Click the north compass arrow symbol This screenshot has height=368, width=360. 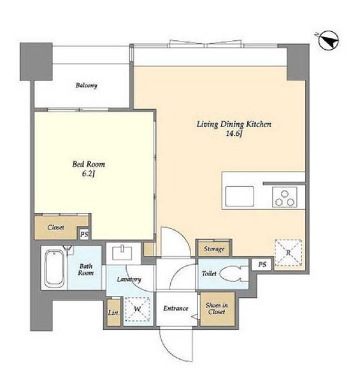point(329,40)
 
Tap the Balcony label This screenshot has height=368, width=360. point(86,85)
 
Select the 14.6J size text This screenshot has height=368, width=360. point(234,134)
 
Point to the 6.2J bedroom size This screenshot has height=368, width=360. point(89,174)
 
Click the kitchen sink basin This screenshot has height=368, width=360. point(240,196)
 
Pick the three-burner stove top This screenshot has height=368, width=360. point(285,197)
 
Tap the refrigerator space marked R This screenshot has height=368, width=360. point(288,253)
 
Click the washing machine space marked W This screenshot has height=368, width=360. point(138,309)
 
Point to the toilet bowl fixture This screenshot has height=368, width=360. point(234,274)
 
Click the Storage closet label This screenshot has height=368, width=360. point(214,249)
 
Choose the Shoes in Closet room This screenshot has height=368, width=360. point(217,309)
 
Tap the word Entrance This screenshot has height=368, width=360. point(176,309)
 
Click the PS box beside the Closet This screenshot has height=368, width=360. point(84,234)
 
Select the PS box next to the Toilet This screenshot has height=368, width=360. point(262,265)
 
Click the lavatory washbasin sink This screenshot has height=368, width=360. point(122,253)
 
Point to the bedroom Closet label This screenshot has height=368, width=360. point(56,228)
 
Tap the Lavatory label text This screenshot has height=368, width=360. point(129,279)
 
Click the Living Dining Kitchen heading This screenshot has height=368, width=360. point(234,124)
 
